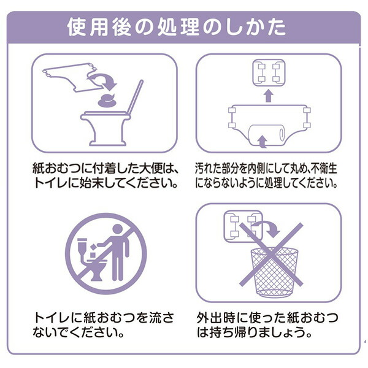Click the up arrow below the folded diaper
[x=269, y=96]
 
